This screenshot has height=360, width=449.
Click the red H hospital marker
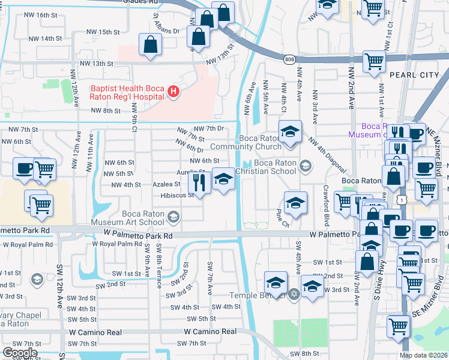click(x=173, y=91)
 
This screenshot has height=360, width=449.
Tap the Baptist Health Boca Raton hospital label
click(x=128, y=91)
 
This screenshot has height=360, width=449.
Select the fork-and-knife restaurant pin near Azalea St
click(x=200, y=180)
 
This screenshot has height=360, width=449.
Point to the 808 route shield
click(x=290, y=58)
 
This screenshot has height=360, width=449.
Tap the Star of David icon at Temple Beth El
click(x=293, y=295)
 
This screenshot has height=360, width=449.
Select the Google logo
click(x=20, y=353)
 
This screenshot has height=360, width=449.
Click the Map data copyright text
click(x=423, y=355)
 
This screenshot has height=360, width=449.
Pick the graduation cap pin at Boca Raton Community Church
click(x=291, y=131)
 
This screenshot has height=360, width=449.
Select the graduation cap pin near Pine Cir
click(x=295, y=203)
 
